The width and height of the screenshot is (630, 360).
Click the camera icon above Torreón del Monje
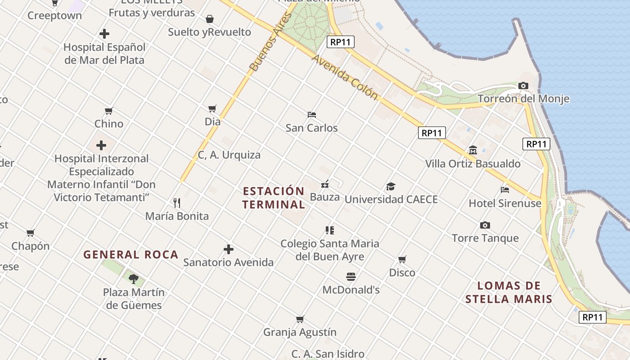523,85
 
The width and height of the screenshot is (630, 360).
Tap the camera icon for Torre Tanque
485,225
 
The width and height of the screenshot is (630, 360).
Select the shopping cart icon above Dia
212,108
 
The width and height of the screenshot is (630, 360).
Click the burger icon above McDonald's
351,276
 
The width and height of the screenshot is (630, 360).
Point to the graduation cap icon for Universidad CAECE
391,186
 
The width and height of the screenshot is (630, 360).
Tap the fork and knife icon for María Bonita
177,203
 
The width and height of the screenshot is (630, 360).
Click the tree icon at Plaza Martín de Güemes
134,279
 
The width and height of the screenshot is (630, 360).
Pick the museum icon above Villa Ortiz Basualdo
472,150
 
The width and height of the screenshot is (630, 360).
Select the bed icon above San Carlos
311,114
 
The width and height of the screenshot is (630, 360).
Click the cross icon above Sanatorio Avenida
229,249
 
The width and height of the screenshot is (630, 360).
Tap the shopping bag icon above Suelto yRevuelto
210,19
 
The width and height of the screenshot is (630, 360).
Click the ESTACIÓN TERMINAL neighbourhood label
274,198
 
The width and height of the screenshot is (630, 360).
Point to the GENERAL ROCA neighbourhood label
131,255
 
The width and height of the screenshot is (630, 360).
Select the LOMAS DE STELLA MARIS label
508,292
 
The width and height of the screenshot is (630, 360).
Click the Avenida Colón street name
344,77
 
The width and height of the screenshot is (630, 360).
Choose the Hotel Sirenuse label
505,203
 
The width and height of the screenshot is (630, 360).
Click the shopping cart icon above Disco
402,259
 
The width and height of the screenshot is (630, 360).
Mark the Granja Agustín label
300,332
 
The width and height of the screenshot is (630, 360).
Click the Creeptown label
54,15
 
